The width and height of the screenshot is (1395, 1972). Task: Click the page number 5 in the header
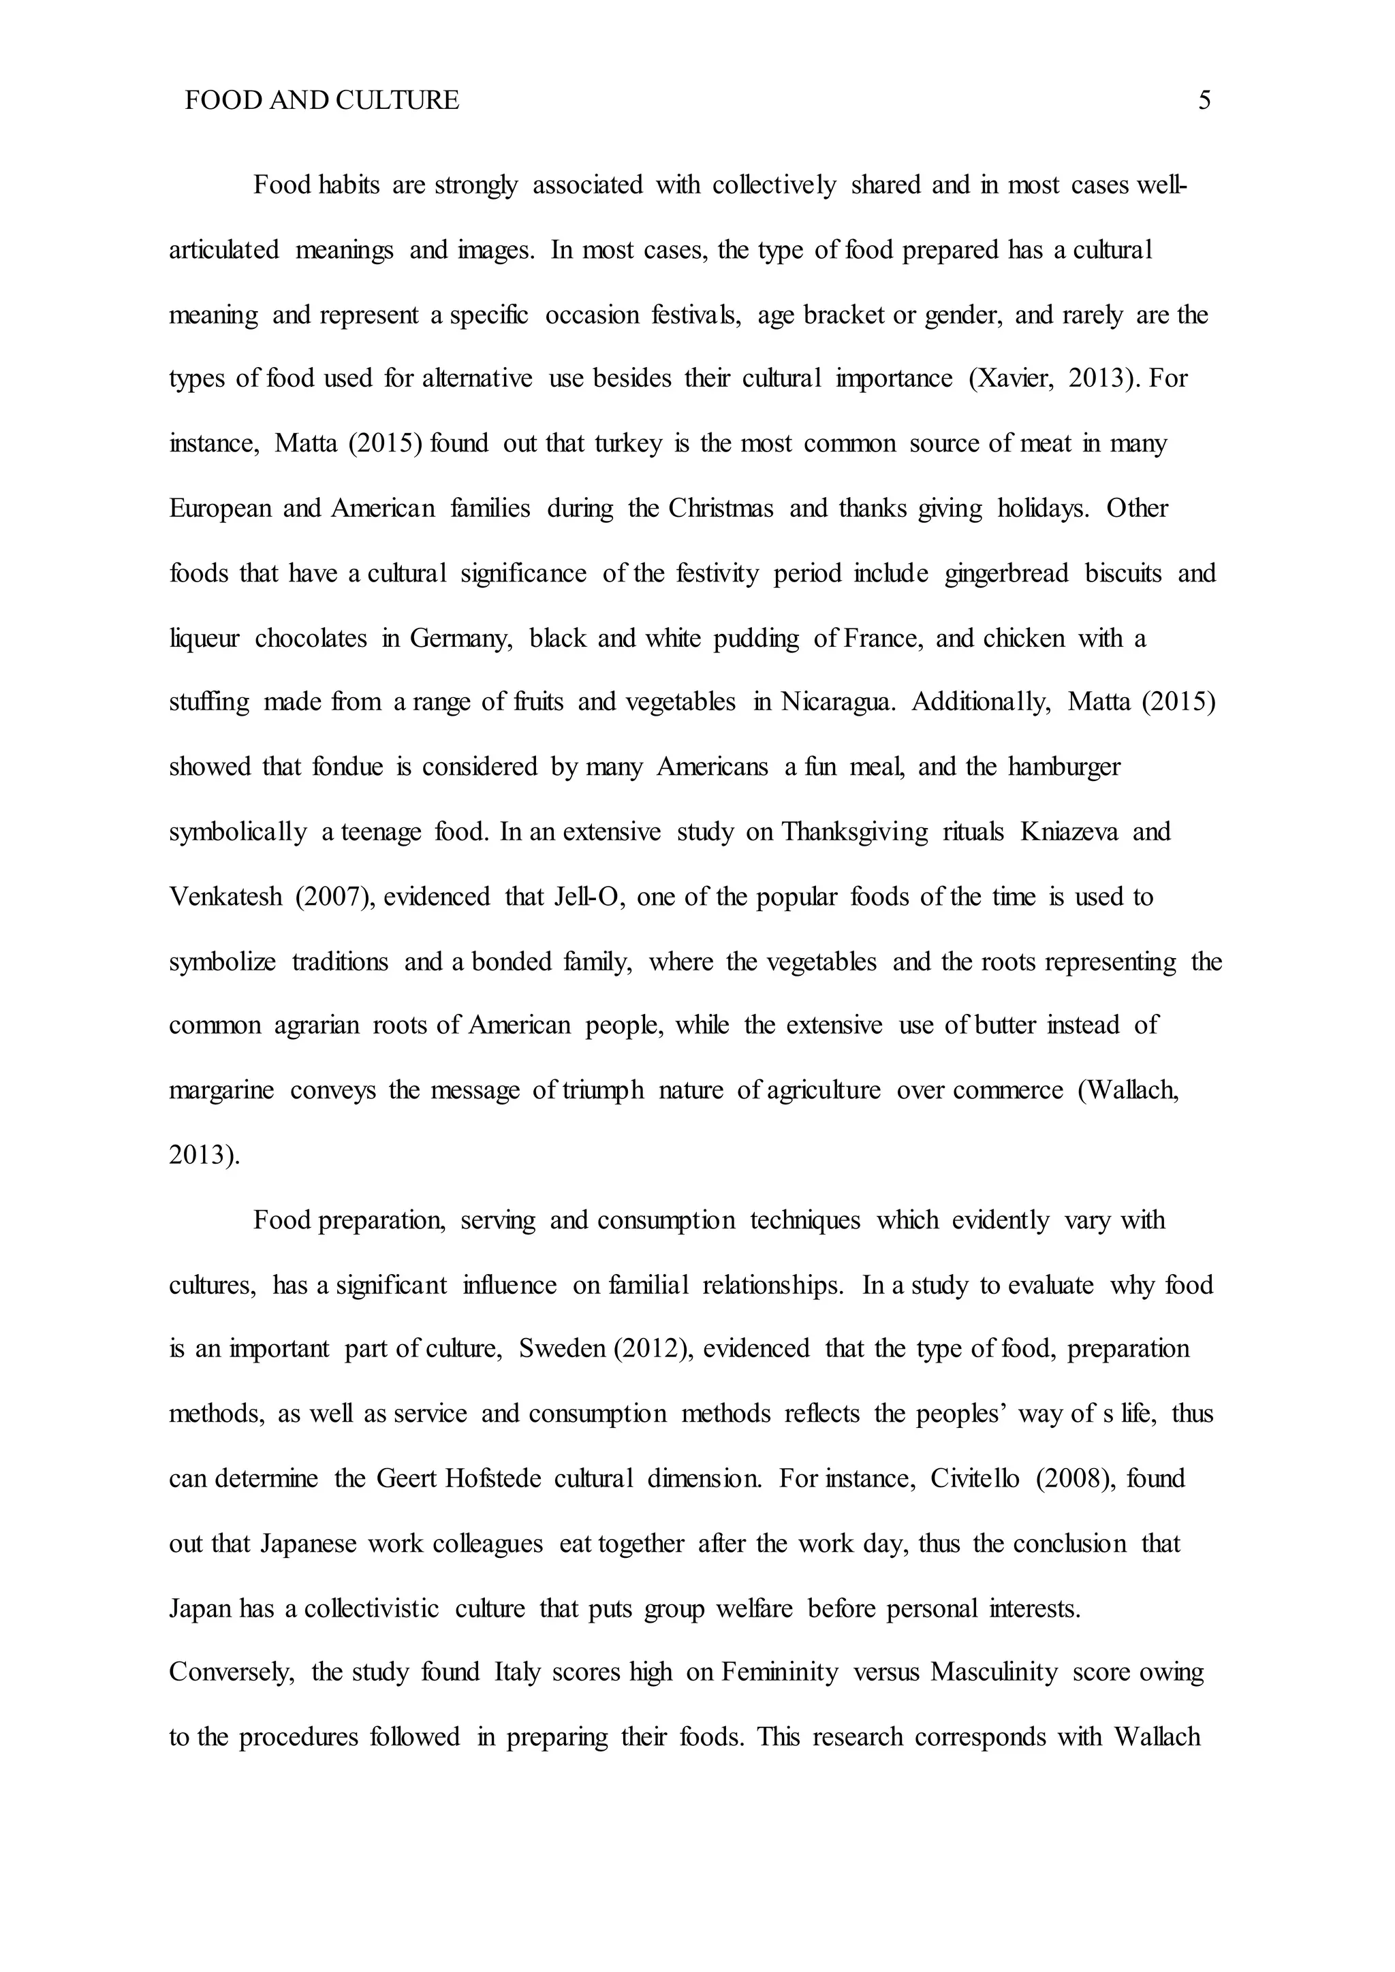pyautogui.click(x=1204, y=101)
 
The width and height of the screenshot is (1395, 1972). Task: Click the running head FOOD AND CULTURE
pyautogui.click(x=322, y=101)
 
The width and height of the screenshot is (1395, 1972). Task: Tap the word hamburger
pyautogui.click(x=1063, y=766)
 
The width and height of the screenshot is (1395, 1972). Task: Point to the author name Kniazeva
pyautogui.click(x=1069, y=832)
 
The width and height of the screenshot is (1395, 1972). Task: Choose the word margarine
pyautogui.click(x=221, y=1091)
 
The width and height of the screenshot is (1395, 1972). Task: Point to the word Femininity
pyautogui.click(x=779, y=1673)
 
